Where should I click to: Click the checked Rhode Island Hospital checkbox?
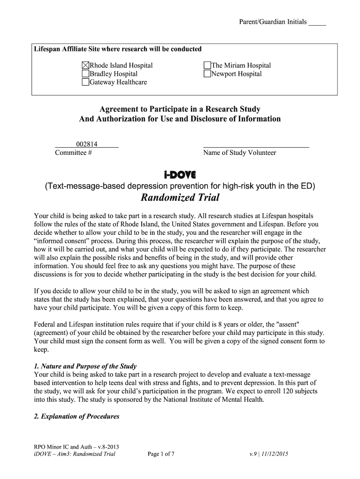coord(86,65)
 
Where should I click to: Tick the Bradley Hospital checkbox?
coord(86,74)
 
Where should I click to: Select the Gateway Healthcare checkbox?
coord(86,82)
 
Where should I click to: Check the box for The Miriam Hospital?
coord(207,65)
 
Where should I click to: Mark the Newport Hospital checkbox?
coord(207,74)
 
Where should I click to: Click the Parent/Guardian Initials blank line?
coord(317,23)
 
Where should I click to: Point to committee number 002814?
coord(86,144)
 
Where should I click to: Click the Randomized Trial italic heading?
coord(180,197)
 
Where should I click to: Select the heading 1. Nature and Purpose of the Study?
coord(86,366)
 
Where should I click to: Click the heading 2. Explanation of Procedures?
coord(77,416)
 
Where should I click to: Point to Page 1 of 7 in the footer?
coord(161,454)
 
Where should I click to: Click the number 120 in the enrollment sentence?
coord(281,391)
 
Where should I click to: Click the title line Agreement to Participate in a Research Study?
coord(180,109)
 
